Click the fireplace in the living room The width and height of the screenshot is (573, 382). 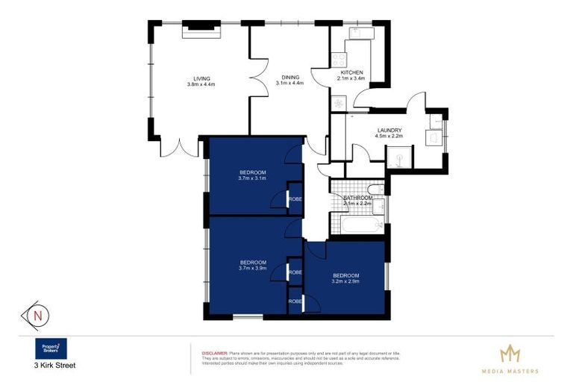(x=201, y=29)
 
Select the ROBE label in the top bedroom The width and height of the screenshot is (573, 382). (x=295, y=199)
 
